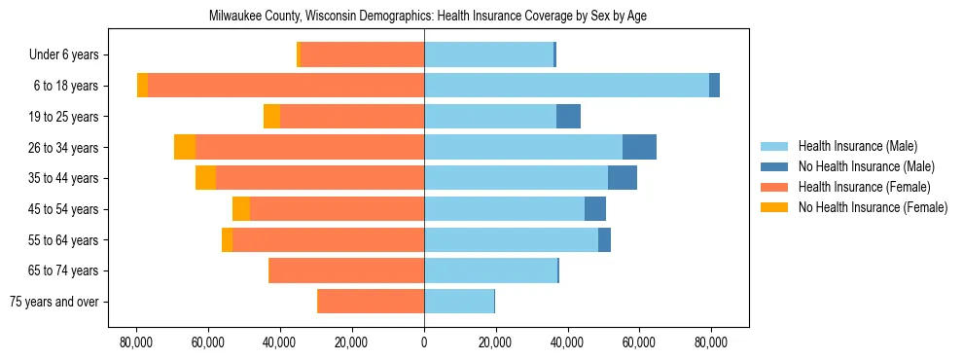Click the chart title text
(x=427, y=17)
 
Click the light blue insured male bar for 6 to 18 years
(x=566, y=86)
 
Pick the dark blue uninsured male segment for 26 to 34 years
(x=639, y=147)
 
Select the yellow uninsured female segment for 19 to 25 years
(x=271, y=117)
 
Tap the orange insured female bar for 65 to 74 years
(x=346, y=270)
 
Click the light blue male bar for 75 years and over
(x=459, y=302)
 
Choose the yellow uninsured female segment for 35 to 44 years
(x=205, y=178)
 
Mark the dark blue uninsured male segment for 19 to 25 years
(x=568, y=117)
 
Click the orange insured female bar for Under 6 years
(x=362, y=55)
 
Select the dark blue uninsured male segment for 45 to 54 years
(x=595, y=209)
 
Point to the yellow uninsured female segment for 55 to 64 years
(x=227, y=240)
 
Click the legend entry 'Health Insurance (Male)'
(x=857, y=146)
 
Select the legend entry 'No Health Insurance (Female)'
(x=873, y=207)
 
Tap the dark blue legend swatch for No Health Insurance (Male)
(x=775, y=166)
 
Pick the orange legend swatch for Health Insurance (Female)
(x=775, y=187)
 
